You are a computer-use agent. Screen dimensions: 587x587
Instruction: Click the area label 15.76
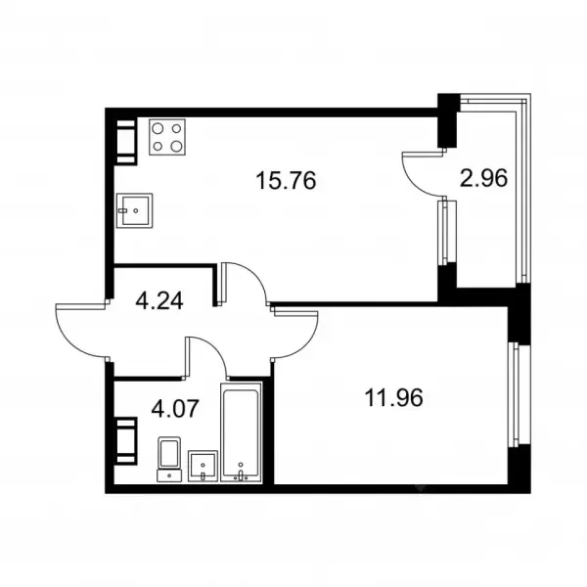(286, 180)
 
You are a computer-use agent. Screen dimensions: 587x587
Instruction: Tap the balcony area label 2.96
(483, 178)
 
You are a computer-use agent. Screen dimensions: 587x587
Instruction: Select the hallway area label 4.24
(159, 300)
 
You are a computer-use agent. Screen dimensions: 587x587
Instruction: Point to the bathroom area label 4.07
(174, 408)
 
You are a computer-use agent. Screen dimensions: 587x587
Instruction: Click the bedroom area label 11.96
(393, 397)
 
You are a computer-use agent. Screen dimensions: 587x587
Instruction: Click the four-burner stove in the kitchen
(167, 137)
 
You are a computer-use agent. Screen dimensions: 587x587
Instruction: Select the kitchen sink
(134, 210)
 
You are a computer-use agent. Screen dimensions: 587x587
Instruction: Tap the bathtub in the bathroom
(241, 431)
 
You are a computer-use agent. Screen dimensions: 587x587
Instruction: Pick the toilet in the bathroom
(169, 459)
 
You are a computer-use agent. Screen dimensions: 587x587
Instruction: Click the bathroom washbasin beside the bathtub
(203, 466)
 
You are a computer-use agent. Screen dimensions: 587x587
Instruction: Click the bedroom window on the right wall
(519, 394)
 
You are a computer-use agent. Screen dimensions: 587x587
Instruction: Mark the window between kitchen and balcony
(447, 232)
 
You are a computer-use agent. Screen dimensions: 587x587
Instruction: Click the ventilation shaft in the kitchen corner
(126, 142)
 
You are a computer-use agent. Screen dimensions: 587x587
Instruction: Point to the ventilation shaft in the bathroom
(126, 441)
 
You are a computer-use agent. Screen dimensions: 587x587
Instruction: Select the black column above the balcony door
(448, 120)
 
